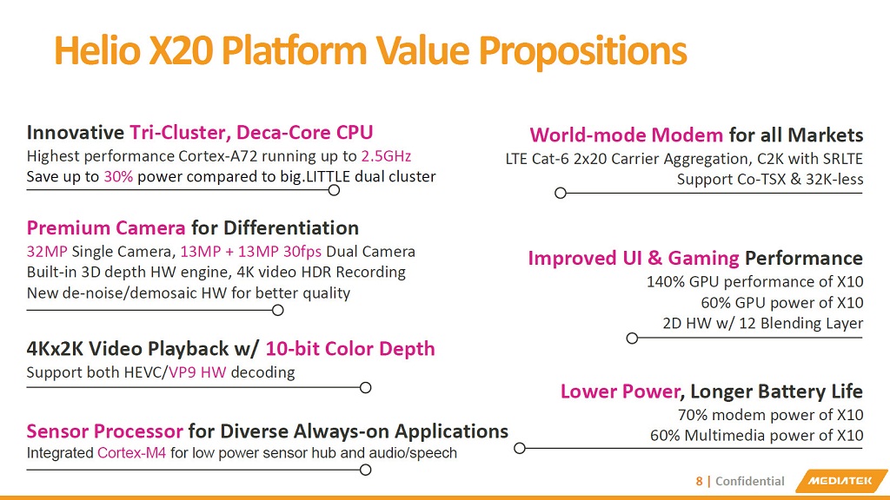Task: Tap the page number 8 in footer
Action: (x=699, y=481)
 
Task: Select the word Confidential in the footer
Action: (x=749, y=481)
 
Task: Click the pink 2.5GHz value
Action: (x=386, y=156)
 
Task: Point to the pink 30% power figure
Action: (x=118, y=176)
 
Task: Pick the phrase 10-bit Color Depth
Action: (x=349, y=348)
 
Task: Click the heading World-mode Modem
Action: (x=626, y=135)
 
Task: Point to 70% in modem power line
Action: (x=692, y=414)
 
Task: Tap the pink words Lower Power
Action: (x=619, y=391)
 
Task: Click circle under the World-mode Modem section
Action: (x=561, y=193)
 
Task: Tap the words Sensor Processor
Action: (x=104, y=431)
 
